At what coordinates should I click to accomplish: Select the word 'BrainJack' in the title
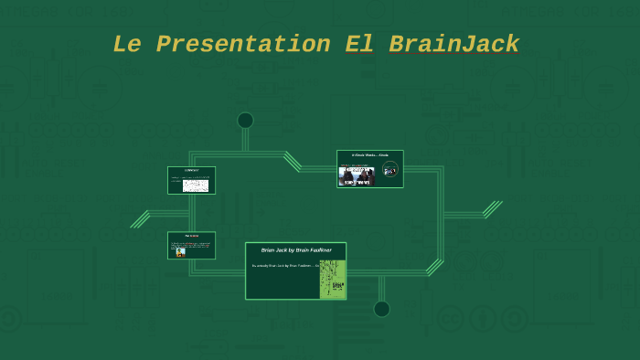pyautogui.click(x=453, y=44)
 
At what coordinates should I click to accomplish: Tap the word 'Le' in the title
pyautogui.click(x=129, y=44)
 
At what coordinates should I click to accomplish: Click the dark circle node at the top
pyautogui.click(x=245, y=121)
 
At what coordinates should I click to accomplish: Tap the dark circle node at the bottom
pyautogui.click(x=381, y=309)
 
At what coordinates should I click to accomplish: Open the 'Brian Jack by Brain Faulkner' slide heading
pyautogui.click(x=295, y=249)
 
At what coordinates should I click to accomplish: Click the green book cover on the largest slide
pyautogui.click(x=332, y=279)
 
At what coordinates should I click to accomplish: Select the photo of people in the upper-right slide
pyautogui.click(x=357, y=175)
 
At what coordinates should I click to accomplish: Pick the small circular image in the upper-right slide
pyautogui.click(x=390, y=169)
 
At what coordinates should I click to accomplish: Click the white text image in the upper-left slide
pyautogui.click(x=196, y=185)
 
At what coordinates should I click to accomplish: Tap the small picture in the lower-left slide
pyautogui.click(x=180, y=252)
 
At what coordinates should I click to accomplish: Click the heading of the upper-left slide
pyautogui.click(x=191, y=171)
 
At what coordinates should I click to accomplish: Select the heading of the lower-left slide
pyautogui.click(x=191, y=236)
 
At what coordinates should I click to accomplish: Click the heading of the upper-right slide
pyautogui.click(x=369, y=155)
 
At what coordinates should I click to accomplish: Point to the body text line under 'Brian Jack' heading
pyautogui.click(x=283, y=265)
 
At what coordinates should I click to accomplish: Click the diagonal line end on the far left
pyautogui.click(x=140, y=219)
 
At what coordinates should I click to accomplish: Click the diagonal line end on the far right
pyautogui.click(x=494, y=209)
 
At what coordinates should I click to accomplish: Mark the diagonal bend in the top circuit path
pyautogui.click(x=293, y=161)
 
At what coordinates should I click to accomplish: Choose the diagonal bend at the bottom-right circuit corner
pyautogui.click(x=435, y=267)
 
